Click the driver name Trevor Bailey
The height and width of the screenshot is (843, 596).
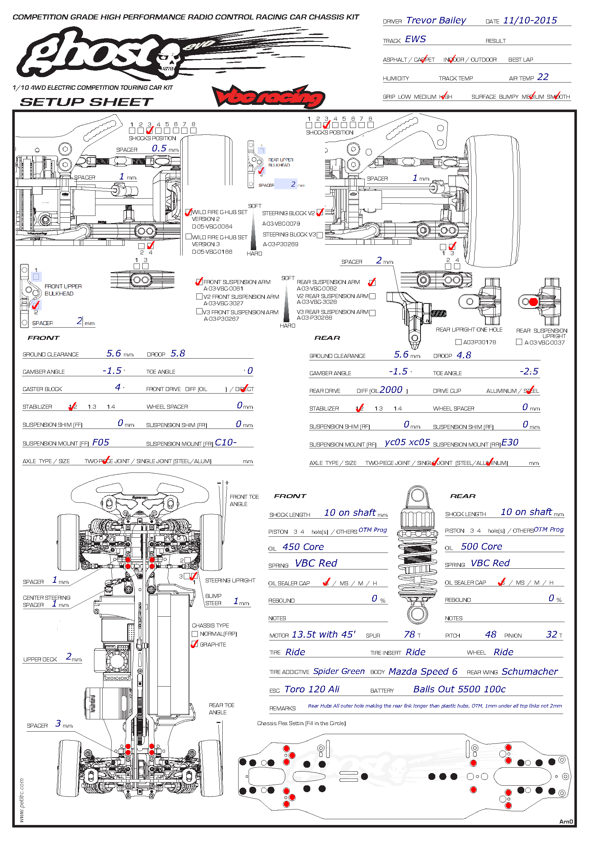click(x=436, y=21)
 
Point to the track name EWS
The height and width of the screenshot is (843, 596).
click(x=415, y=39)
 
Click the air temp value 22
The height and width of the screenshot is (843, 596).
click(x=542, y=77)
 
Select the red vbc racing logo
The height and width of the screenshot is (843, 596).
click(x=268, y=97)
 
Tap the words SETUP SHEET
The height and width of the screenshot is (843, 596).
click(x=86, y=102)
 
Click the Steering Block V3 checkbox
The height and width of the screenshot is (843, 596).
click(x=320, y=235)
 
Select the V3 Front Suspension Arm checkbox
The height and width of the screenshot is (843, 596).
click(x=199, y=312)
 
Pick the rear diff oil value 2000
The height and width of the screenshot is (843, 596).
click(x=391, y=390)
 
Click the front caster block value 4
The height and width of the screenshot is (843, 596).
click(x=117, y=387)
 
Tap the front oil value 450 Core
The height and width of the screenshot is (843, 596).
click(x=303, y=547)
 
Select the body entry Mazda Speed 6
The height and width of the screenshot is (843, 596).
click(x=423, y=672)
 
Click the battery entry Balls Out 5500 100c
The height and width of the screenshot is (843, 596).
click(x=459, y=689)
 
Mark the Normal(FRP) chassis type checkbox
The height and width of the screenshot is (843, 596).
click(x=195, y=634)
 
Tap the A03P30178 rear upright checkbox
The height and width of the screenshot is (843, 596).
click(x=458, y=342)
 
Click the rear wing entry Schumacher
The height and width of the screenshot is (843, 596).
click(x=530, y=672)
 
